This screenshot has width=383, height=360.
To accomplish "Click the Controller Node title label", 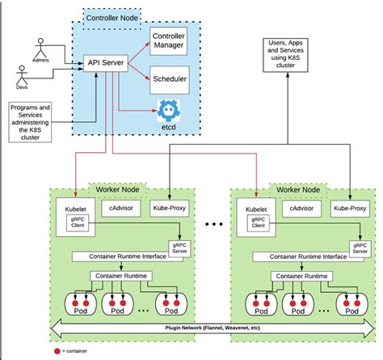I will (112, 15).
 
